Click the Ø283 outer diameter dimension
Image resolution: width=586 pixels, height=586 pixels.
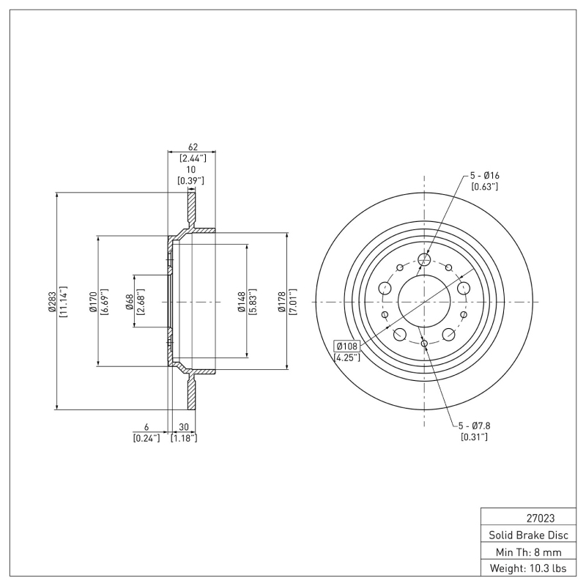tap(52, 301)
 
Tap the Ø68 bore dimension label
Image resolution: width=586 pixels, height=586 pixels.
tap(129, 301)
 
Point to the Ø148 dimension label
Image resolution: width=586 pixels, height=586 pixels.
tap(241, 301)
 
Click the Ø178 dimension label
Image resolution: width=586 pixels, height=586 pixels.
tap(282, 301)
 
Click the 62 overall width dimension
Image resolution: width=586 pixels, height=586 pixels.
tap(193, 147)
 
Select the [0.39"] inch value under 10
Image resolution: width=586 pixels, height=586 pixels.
tap(190, 180)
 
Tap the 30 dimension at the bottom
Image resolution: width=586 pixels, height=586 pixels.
tap(183, 427)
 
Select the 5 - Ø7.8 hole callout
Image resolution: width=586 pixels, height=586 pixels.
tap(474, 426)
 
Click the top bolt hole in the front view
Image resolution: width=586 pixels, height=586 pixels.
tap(424, 259)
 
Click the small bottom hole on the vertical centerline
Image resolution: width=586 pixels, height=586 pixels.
tap(424, 343)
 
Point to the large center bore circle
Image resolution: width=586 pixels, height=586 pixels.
tap(424, 301)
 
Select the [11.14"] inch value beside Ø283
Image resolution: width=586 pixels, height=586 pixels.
tap(64, 301)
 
